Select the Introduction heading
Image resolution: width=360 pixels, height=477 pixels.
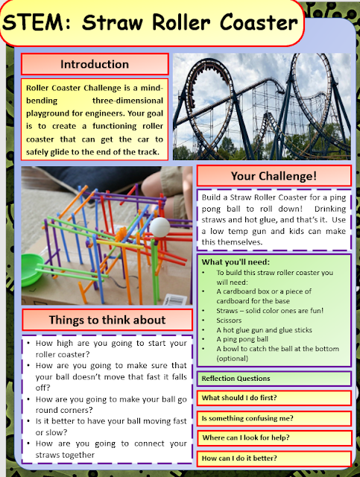(x=94, y=64)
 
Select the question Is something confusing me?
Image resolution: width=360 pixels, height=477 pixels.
(x=247, y=417)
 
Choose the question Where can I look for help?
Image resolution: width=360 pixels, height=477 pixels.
(x=247, y=437)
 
